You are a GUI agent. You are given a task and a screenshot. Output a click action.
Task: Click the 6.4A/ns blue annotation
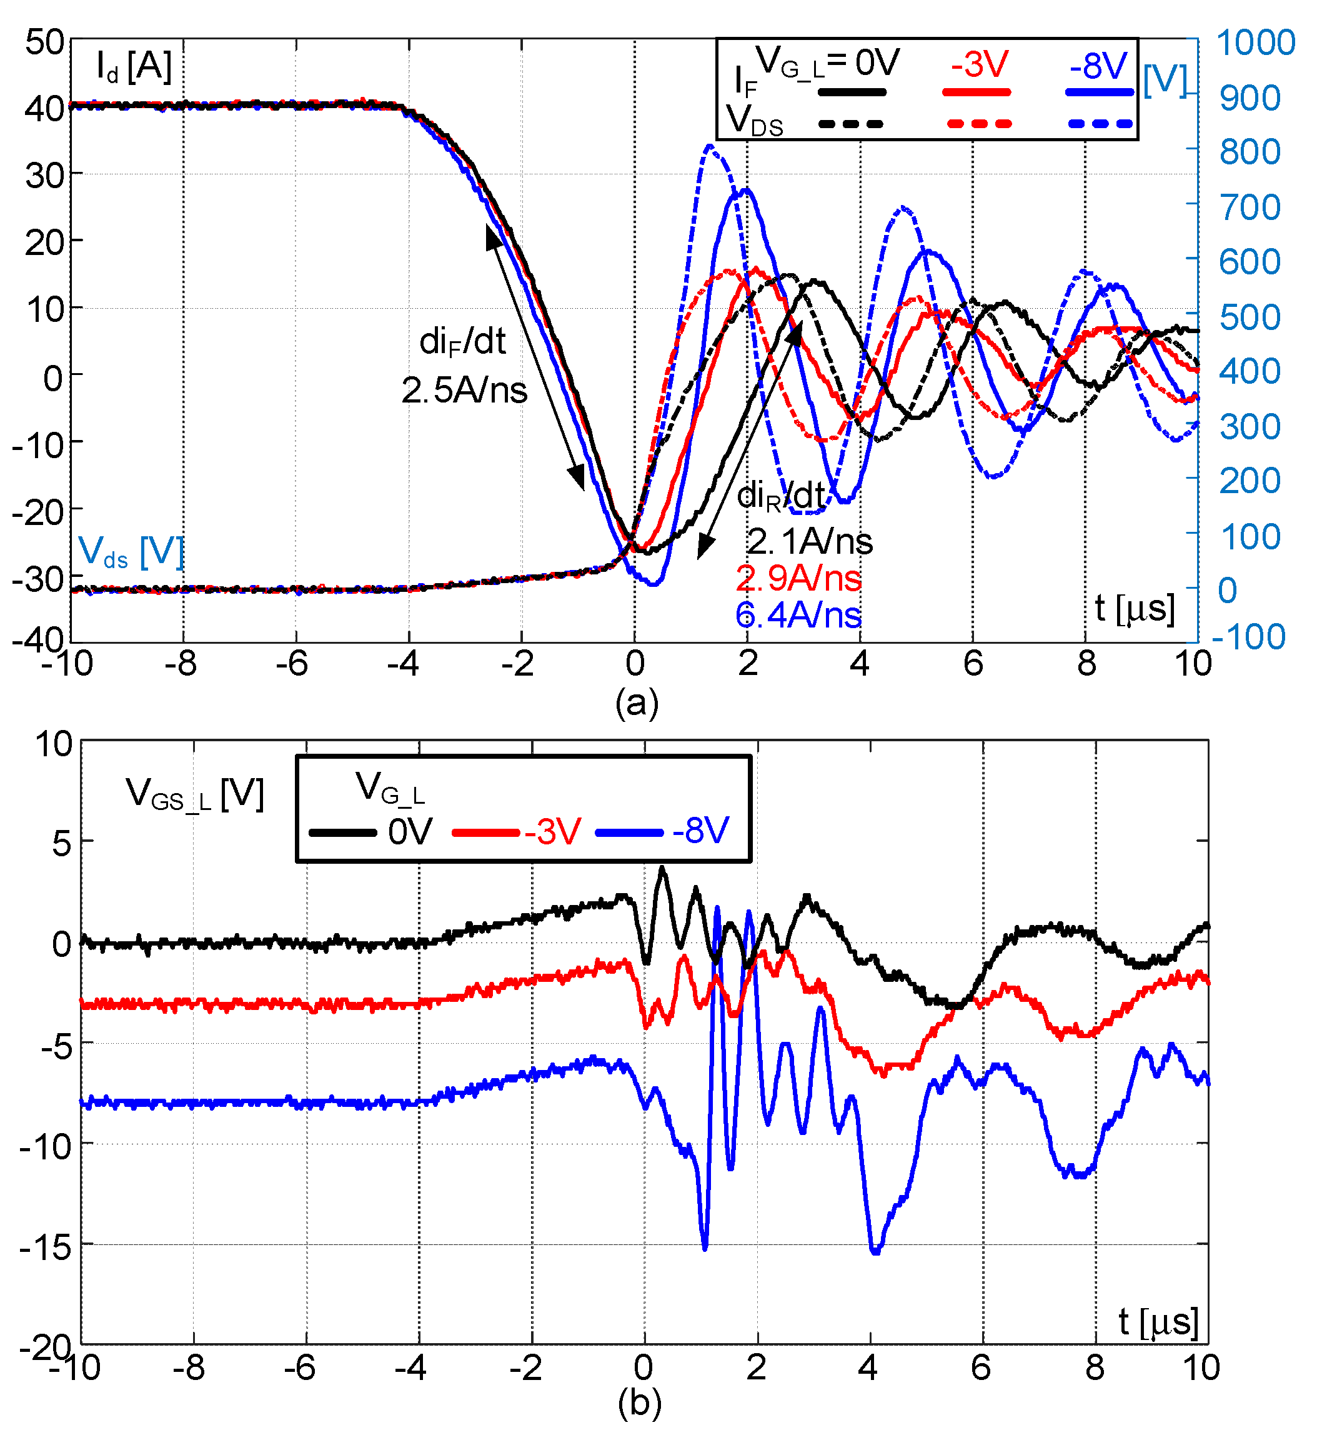[798, 615]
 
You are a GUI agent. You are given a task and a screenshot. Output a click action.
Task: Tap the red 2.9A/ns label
[798, 578]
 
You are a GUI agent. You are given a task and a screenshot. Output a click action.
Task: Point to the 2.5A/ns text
[464, 390]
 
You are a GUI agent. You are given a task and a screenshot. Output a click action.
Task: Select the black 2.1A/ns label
[810, 541]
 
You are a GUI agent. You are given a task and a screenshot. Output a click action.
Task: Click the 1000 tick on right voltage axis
[1256, 43]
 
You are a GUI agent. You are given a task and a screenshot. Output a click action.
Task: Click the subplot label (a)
[637, 703]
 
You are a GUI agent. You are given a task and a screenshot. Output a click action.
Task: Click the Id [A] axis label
[134, 66]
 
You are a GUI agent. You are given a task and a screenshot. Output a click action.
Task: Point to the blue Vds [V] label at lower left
[131, 552]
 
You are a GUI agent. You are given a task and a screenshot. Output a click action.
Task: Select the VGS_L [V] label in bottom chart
[194, 794]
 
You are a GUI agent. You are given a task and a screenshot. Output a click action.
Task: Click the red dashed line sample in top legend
[979, 124]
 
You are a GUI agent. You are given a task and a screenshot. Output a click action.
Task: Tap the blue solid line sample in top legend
[1099, 92]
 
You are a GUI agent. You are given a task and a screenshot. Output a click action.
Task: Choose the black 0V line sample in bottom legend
[343, 832]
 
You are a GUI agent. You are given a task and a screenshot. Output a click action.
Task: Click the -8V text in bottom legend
[700, 831]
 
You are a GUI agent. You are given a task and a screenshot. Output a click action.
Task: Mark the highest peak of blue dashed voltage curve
[709, 146]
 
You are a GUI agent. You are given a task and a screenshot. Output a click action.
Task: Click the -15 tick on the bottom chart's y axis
[46, 1247]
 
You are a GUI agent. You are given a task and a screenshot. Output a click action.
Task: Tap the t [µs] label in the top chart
[1134, 609]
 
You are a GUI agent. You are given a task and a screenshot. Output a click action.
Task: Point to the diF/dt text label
[463, 341]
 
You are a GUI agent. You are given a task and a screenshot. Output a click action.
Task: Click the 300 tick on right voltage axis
[1249, 427]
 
